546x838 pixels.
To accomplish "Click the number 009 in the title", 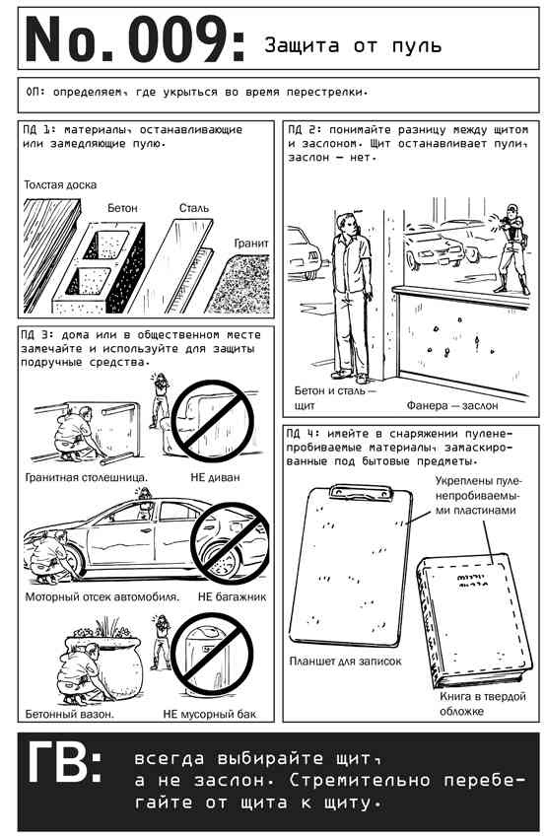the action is point(179,40).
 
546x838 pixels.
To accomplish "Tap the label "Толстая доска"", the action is point(60,185).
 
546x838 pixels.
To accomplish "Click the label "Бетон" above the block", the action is point(122,208).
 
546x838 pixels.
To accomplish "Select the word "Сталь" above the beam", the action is point(194,208).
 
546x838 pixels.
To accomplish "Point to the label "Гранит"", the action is point(251,244).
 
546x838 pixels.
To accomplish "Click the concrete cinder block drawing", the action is point(100,267).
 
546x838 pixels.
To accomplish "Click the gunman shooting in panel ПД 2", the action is point(512,249).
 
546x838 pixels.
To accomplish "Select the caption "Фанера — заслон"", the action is point(452,405).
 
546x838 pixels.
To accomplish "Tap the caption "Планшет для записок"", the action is point(345,662).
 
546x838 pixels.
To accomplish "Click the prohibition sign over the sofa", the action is point(213,420).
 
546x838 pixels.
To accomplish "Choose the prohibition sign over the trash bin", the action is point(212,655).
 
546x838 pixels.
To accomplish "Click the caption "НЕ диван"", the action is point(215,477).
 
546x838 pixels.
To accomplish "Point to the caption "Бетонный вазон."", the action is point(69,714).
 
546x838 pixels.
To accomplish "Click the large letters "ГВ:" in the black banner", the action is point(64,761).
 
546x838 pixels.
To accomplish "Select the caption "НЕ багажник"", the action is point(232,597).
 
